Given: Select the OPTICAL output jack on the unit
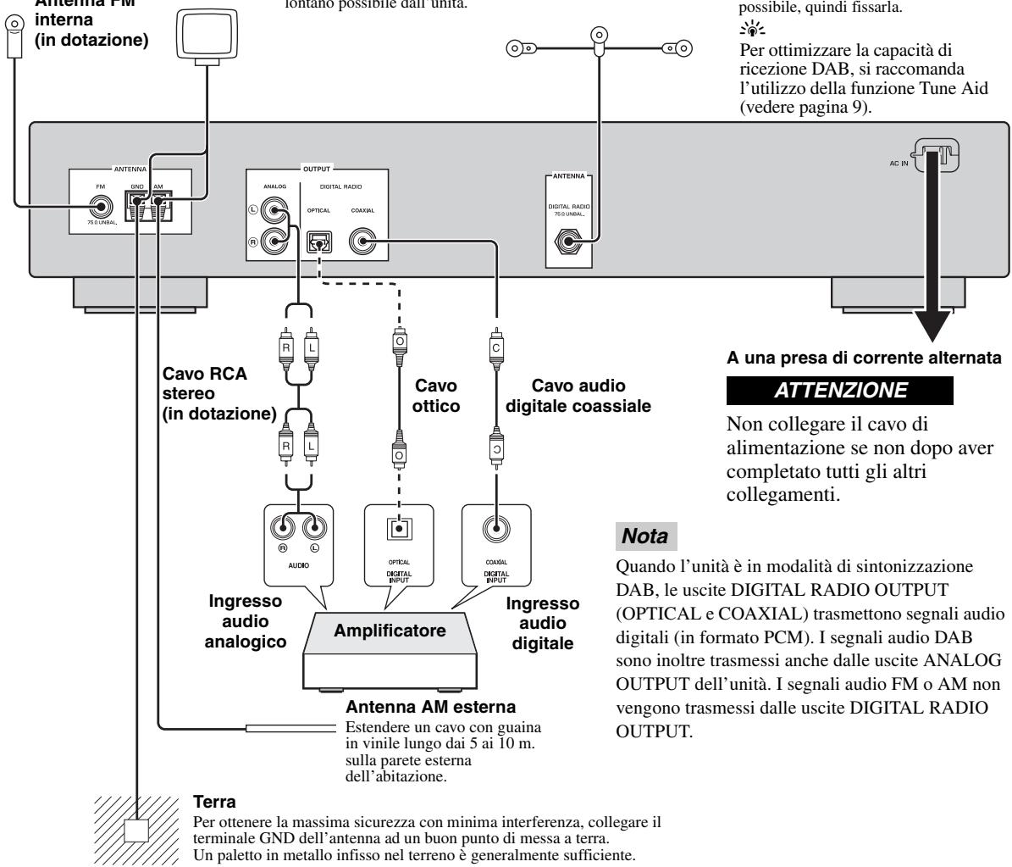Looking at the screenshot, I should click(318, 244).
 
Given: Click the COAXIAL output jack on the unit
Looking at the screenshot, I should click(364, 244).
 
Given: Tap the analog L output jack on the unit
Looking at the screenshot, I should click(275, 209).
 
